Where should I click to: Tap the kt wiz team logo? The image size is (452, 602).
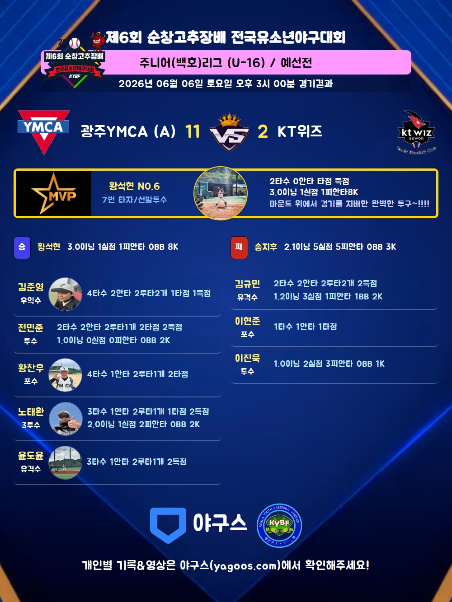416,131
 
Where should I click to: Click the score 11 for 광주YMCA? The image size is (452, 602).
193,131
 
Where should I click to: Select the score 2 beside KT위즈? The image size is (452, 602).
263,131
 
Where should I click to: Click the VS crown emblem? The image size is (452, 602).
230,132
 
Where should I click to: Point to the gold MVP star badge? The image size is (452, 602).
54,194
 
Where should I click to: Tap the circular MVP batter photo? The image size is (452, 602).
221,193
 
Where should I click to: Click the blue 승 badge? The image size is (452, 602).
22,247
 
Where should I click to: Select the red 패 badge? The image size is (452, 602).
239,247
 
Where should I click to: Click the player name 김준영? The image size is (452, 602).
31,287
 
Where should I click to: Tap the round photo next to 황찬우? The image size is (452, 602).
66,375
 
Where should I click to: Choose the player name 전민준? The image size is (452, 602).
30,327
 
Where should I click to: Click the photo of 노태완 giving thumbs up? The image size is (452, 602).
66,419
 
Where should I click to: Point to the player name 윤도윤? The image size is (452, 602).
31,456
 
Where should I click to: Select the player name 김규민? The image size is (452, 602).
247,284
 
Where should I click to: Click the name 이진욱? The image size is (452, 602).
247,358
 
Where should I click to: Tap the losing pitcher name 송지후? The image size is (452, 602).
266,247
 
